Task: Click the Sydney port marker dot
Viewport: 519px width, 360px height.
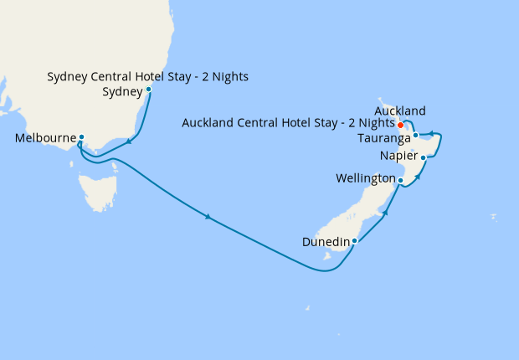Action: click(148, 89)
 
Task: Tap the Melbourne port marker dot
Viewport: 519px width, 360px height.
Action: click(81, 137)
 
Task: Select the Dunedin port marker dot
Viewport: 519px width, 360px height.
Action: click(355, 241)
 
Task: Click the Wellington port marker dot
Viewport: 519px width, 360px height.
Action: click(401, 180)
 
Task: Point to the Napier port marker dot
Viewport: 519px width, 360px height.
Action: click(424, 157)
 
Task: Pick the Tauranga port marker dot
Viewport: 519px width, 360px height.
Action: click(415, 135)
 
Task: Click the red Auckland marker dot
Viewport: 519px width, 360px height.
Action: click(400, 126)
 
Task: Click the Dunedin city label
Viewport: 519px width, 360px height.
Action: click(326, 242)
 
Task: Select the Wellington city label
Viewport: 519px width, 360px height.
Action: click(365, 179)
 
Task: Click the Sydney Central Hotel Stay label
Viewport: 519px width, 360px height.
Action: click(147, 78)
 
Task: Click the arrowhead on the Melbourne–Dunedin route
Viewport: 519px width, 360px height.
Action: click(207, 219)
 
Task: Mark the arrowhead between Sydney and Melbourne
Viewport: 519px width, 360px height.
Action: click(130, 141)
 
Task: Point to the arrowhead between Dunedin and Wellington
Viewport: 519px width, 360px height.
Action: click(385, 214)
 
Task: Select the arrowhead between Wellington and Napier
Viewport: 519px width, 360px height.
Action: click(416, 177)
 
